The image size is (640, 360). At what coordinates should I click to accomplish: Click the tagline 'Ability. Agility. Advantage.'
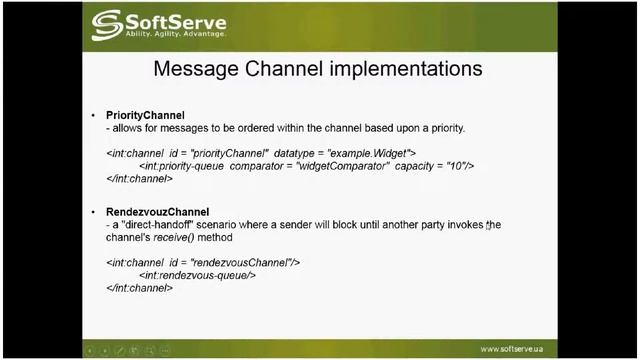(x=175, y=34)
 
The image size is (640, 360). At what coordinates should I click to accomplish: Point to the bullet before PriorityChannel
(x=94, y=116)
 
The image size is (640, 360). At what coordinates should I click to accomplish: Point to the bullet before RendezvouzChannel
(x=94, y=213)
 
